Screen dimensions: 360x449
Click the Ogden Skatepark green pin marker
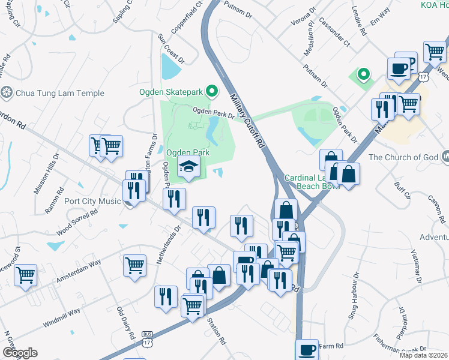(x=211, y=92)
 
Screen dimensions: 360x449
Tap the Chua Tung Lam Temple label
(x=59, y=93)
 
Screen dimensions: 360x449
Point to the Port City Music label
(x=92, y=201)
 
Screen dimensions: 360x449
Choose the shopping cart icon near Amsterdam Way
(x=134, y=266)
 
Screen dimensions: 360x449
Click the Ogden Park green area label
(x=187, y=152)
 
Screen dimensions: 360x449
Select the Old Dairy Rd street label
(x=126, y=324)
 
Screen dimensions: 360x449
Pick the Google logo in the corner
(x=20, y=353)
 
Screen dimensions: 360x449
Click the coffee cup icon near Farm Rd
(x=307, y=349)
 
